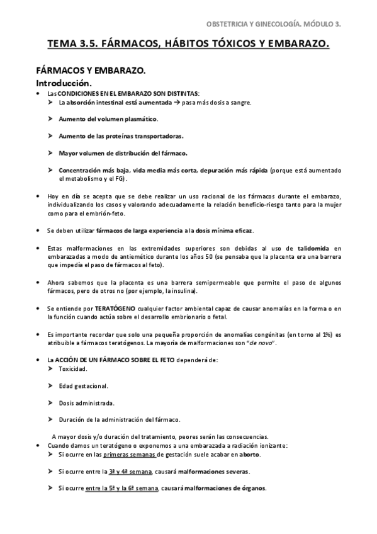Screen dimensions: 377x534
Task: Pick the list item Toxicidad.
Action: coord(74,368)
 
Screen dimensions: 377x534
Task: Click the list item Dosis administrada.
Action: coord(86,402)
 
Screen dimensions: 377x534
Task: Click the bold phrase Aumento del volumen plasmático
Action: coord(108,118)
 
